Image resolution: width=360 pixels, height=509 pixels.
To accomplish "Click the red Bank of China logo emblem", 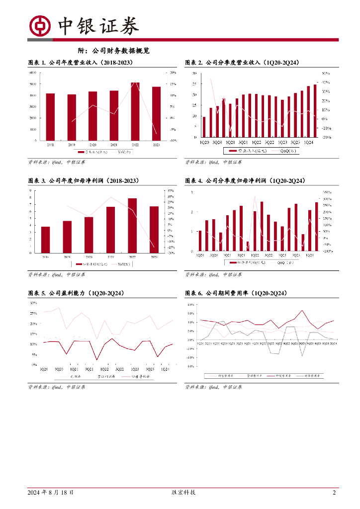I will click(40, 26).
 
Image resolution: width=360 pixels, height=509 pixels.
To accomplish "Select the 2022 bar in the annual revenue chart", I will click(135, 111).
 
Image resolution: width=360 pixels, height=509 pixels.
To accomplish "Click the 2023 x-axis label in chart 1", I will click(156, 144).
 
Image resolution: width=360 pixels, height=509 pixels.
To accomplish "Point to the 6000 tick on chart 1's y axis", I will click(33, 73).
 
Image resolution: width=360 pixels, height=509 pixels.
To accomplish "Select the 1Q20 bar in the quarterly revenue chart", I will click(204, 127).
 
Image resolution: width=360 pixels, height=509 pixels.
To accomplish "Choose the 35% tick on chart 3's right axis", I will click(170, 190).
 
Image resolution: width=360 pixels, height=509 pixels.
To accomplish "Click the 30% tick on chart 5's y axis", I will click(33, 303).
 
